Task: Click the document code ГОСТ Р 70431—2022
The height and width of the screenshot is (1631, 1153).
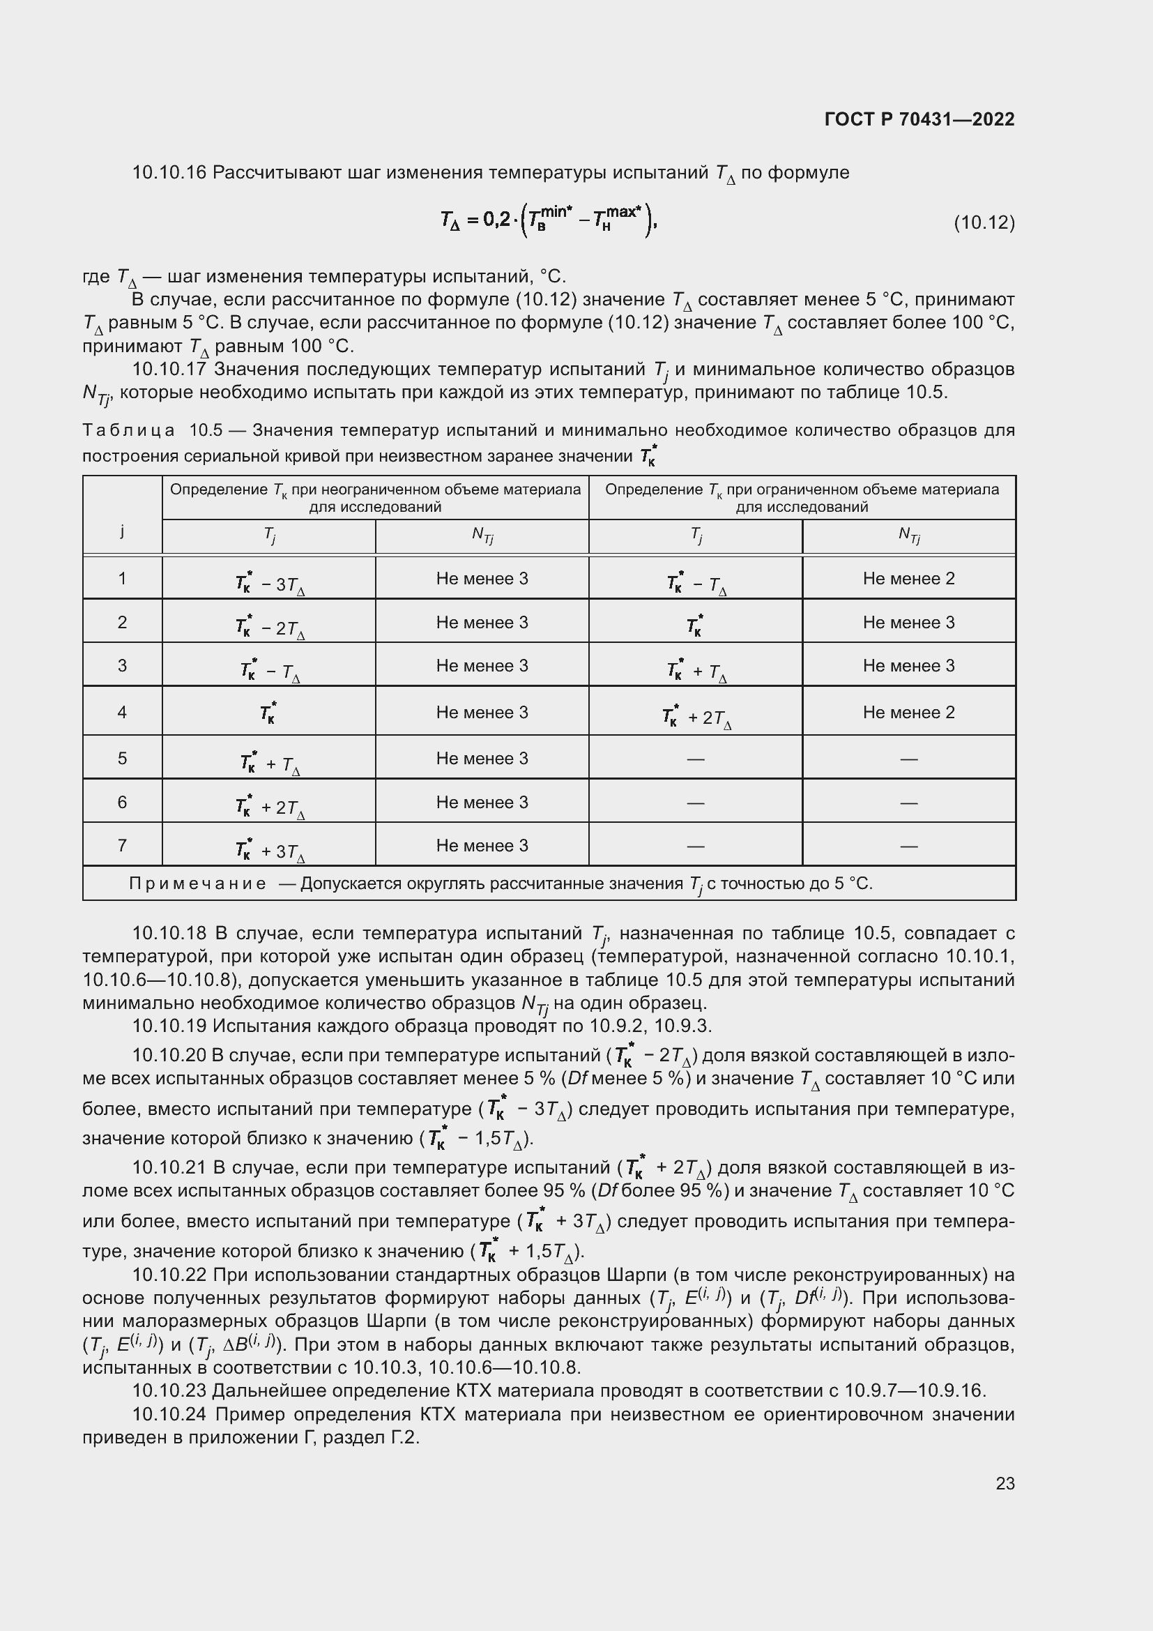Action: click(919, 119)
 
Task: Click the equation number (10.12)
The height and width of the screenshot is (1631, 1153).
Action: click(984, 223)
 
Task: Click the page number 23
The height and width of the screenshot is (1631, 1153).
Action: click(1005, 1483)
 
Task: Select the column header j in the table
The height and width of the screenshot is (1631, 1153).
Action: click(122, 531)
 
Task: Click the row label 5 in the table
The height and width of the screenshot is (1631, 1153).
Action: click(122, 758)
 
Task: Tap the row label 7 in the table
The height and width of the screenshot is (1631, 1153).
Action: click(122, 845)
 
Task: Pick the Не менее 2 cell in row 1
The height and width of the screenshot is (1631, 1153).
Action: click(908, 579)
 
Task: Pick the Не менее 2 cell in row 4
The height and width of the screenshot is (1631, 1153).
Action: click(908, 713)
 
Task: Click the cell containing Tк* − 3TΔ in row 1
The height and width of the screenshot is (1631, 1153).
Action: click(269, 584)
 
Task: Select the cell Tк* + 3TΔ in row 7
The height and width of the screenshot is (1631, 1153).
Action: click(269, 850)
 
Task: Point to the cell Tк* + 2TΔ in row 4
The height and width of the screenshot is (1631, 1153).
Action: click(696, 717)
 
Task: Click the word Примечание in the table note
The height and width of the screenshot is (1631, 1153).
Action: click(197, 883)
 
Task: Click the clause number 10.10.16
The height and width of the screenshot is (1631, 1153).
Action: click(169, 173)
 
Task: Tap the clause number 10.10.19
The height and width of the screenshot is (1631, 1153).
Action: click(169, 1026)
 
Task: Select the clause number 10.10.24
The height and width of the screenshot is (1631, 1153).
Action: click(169, 1414)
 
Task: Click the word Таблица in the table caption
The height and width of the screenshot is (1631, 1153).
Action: click(128, 430)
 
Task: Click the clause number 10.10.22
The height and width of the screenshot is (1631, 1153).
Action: click(169, 1275)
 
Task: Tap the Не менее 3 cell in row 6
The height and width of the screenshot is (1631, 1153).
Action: click(482, 802)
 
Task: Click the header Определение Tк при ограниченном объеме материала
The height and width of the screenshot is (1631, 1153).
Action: click(802, 490)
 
